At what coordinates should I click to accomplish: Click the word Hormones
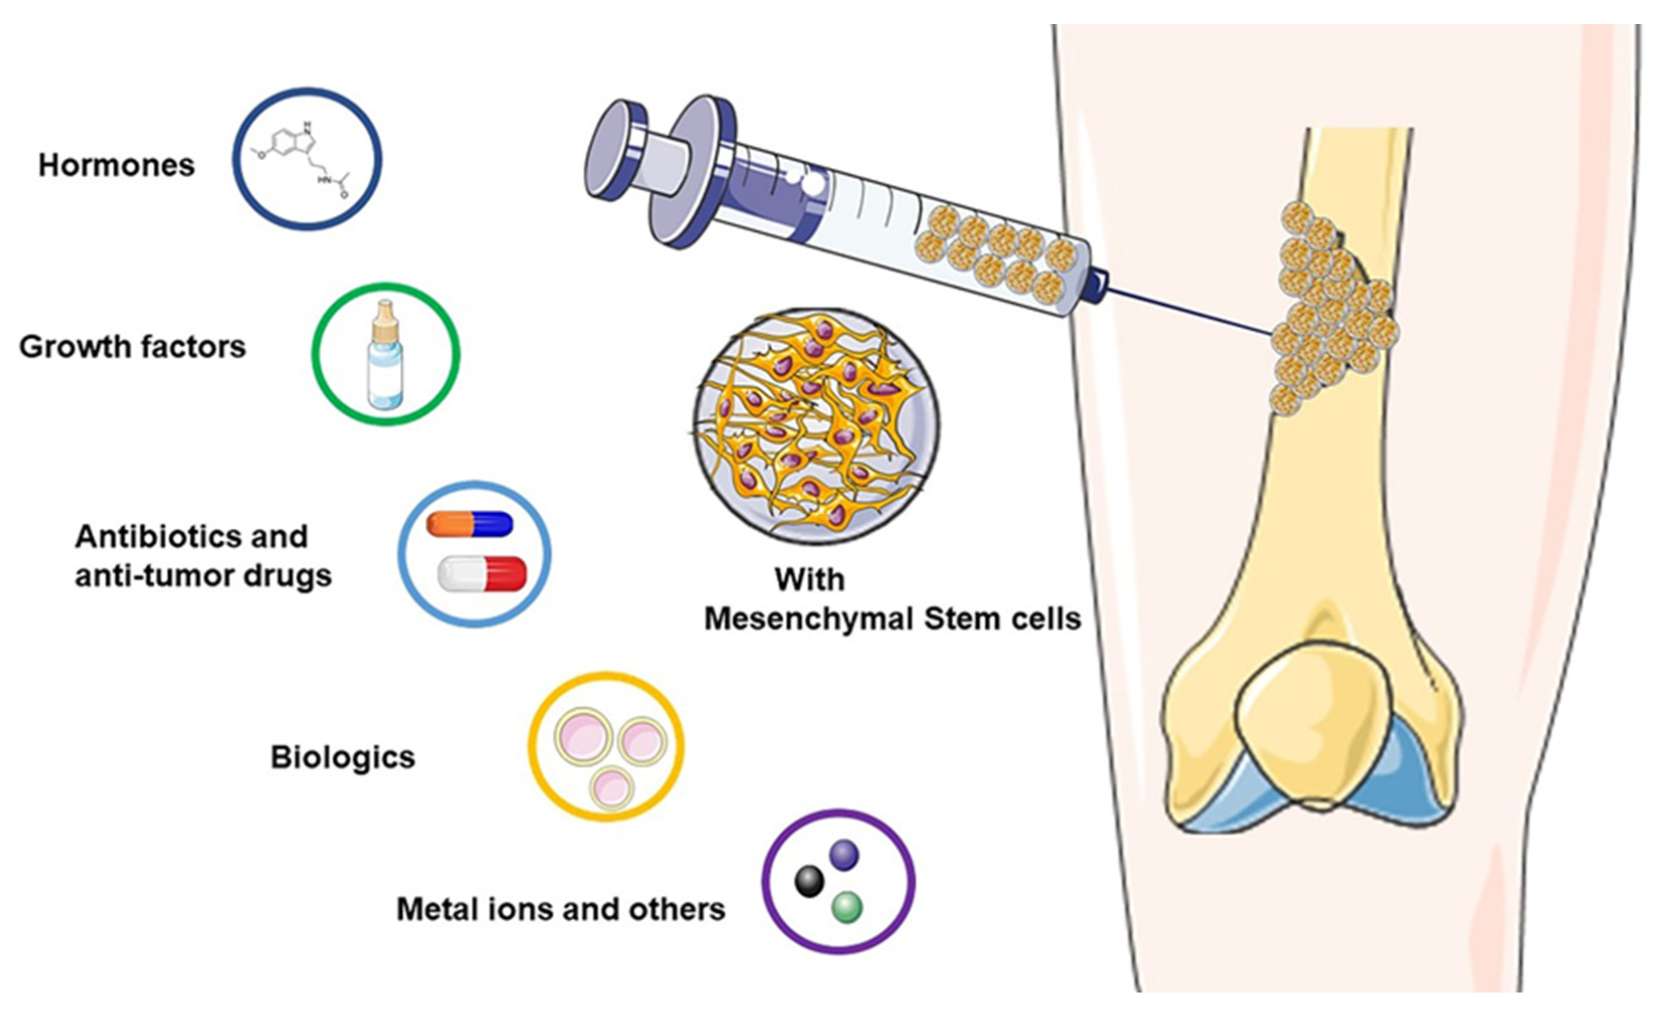[x=117, y=165]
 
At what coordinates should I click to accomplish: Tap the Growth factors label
[x=133, y=347]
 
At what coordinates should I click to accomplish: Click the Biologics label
[x=343, y=757]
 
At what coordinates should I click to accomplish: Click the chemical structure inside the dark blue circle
[x=307, y=160]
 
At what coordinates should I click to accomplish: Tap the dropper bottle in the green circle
[x=385, y=356]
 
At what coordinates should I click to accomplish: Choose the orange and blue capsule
[x=469, y=524]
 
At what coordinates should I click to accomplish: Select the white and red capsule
[x=482, y=574]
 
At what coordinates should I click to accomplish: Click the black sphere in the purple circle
[x=809, y=881]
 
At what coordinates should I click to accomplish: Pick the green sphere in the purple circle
[x=847, y=907]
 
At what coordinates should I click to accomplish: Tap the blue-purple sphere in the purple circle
[x=844, y=855]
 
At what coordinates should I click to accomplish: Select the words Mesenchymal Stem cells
[x=893, y=619]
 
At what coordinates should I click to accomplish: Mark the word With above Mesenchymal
[x=809, y=580]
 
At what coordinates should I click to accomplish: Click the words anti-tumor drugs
[x=203, y=576]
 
